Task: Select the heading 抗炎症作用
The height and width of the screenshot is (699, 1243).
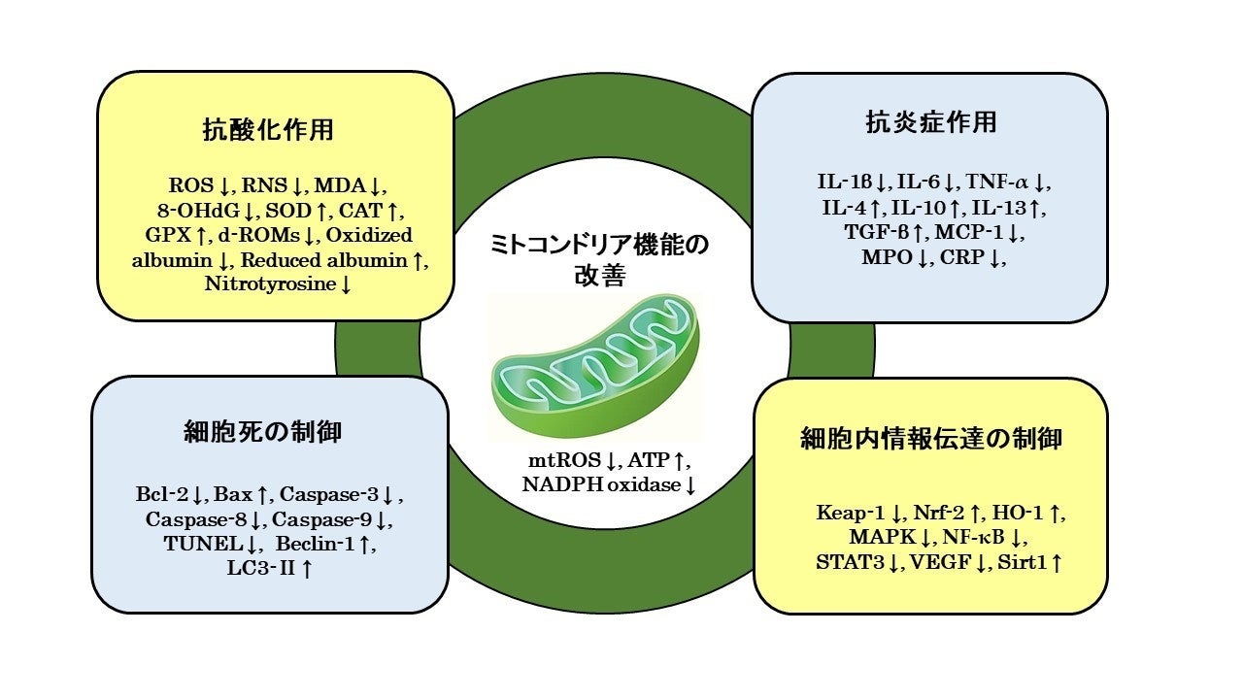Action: tap(930, 122)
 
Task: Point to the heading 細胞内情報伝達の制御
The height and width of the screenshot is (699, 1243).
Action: tap(930, 438)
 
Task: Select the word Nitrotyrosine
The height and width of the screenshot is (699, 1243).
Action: tap(269, 284)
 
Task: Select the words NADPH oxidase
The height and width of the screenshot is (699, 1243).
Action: tap(599, 483)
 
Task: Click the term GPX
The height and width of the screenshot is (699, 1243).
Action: tap(162, 234)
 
